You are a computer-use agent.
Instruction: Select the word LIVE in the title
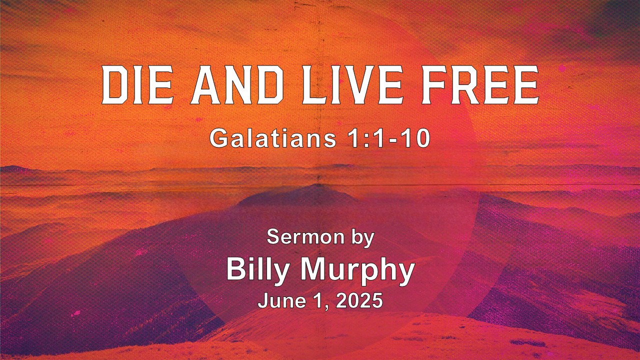[x=353, y=85]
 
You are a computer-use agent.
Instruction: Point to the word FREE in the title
[x=480, y=85]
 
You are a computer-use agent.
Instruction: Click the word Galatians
[x=273, y=138]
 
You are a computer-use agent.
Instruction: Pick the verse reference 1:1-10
[x=389, y=138]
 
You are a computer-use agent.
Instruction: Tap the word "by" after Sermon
[x=362, y=238]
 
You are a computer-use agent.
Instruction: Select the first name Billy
[x=257, y=271]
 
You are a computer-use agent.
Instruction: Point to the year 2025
[x=359, y=300]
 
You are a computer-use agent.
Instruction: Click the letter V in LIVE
[x=361, y=85]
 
